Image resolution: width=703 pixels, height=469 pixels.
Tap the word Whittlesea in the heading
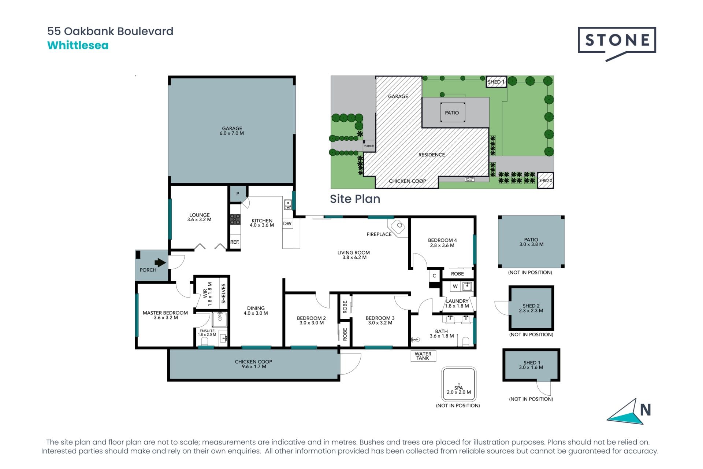(78, 45)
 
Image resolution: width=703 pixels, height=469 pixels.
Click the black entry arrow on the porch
(160, 262)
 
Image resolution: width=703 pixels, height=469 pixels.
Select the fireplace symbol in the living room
(397, 226)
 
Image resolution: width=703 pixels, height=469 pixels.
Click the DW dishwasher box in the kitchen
(287, 224)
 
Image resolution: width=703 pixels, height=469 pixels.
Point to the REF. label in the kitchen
(235, 242)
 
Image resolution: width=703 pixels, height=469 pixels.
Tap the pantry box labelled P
(238, 194)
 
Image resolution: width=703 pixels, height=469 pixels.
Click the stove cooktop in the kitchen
(235, 219)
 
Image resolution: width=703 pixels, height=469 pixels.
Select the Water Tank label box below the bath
(423, 356)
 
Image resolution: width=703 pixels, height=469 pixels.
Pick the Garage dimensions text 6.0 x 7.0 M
(232, 133)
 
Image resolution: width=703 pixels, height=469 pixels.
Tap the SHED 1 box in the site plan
(496, 82)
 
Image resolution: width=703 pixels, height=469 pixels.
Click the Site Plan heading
(355, 199)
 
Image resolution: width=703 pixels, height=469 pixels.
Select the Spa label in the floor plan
(459, 388)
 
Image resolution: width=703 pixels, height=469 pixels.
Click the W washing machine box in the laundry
(455, 286)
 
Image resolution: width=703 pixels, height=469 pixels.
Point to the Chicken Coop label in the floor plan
(253, 362)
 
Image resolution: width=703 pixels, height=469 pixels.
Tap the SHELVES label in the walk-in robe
(223, 293)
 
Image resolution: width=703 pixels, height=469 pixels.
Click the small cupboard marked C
(434, 276)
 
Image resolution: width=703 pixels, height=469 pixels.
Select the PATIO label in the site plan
(452, 113)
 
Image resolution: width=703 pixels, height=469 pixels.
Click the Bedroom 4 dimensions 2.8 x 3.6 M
(442, 245)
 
